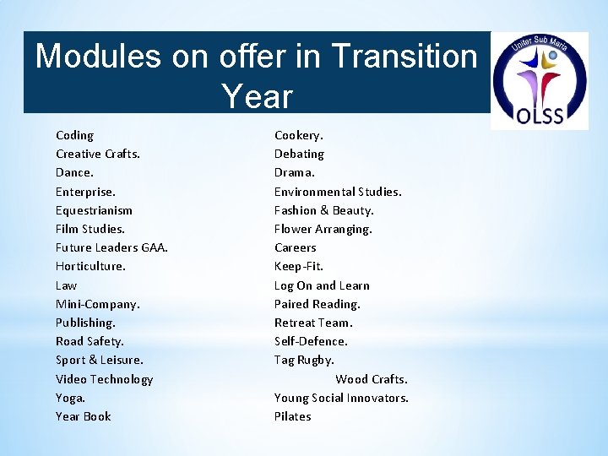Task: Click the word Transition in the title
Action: (404, 57)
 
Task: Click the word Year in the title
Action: (257, 96)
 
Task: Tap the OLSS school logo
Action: (540, 81)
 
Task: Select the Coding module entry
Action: (74, 135)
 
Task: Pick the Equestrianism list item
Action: (94, 210)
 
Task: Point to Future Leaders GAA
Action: (111, 247)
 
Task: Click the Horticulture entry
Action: (90, 266)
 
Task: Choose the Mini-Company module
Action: (97, 304)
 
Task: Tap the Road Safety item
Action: (90, 341)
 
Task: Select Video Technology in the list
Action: (104, 379)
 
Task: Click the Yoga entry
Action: (70, 398)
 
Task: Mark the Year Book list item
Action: (83, 416)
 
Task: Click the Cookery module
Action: (298, 135)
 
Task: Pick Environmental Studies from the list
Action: (338, 192)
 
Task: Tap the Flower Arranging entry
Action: (323, 229)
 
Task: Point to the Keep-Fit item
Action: (298, 266)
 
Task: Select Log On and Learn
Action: (322, 285)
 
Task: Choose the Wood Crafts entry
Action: (371, 379)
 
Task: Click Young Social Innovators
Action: (341, 398)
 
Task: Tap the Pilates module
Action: (292, 416)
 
